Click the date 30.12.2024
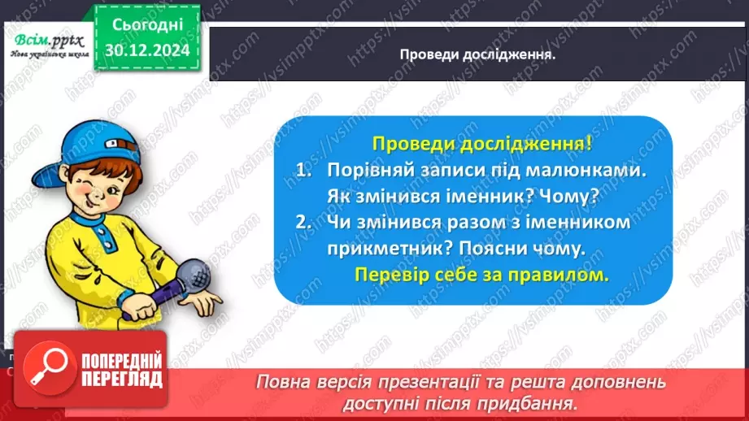149,49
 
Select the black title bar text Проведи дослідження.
477,54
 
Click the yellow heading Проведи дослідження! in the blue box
481,145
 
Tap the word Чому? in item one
577,197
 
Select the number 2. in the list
304,223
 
